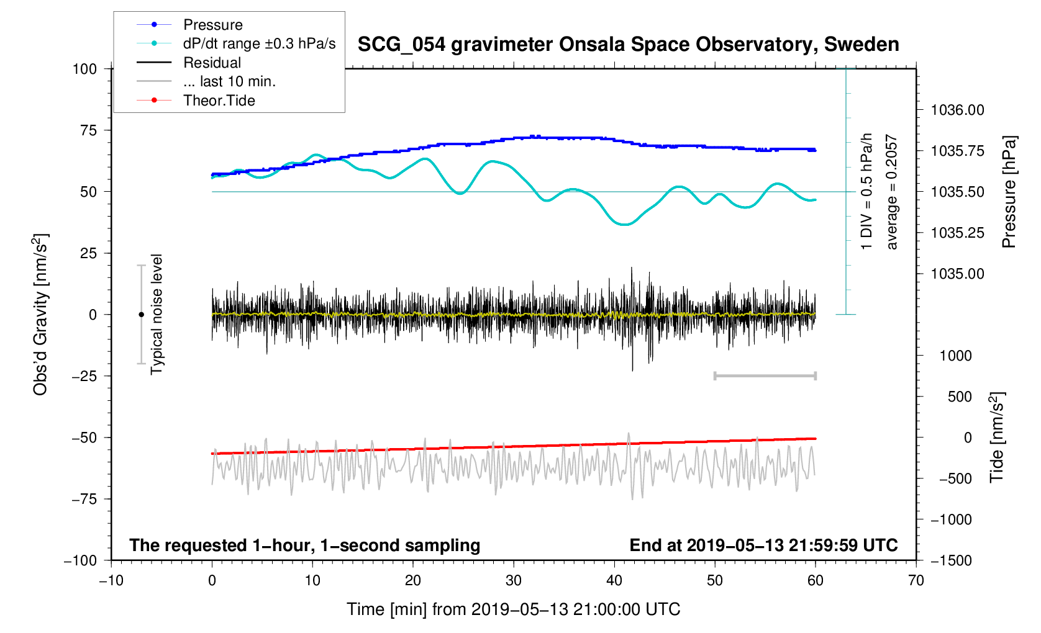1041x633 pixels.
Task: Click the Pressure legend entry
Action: [212, 25]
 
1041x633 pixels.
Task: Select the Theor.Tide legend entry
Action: [219, 101]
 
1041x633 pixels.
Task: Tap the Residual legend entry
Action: [212, 63]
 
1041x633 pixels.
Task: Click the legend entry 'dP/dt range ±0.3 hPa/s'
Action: [259, 43]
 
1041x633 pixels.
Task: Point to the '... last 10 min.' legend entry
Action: [229, 81]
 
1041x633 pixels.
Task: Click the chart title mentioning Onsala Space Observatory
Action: [628, 45]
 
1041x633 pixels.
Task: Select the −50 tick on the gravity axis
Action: [84, 438]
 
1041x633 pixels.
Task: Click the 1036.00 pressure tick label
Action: [957, 110]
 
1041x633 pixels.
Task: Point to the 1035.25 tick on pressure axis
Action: [957, 233]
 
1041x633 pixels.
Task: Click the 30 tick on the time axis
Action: [514, 581]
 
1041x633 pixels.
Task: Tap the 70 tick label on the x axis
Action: [916, 581]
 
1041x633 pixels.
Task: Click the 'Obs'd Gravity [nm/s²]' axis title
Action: [40, 315]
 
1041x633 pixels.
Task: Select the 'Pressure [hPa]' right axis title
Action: [1009, 192]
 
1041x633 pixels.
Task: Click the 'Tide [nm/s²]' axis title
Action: [996, 438]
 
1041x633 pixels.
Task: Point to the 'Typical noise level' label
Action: [157, 315]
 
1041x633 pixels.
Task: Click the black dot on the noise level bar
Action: [141, 315]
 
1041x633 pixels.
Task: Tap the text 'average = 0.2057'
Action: [892, 192]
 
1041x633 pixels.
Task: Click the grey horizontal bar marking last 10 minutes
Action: [765, 375]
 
